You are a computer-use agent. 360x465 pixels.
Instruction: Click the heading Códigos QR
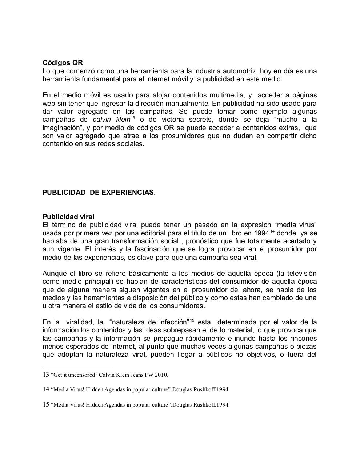coord(63,63)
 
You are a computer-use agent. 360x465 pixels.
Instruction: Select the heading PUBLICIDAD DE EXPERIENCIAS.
coord(99,193)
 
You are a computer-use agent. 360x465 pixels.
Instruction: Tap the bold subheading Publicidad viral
coord(68,217)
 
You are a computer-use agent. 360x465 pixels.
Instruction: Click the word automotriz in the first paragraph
coord(239,71)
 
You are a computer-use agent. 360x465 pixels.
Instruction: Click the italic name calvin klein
coord(111,120)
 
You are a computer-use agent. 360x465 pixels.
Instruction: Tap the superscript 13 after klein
coord(133,118)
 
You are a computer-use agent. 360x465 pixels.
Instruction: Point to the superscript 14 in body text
coord(272,231)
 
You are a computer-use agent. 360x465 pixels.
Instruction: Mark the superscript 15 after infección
coord(192,320)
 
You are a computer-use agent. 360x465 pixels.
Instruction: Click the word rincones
coord(304,339)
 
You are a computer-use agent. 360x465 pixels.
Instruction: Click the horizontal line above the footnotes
coord(76,368)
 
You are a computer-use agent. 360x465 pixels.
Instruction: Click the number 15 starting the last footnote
coord(46,404)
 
